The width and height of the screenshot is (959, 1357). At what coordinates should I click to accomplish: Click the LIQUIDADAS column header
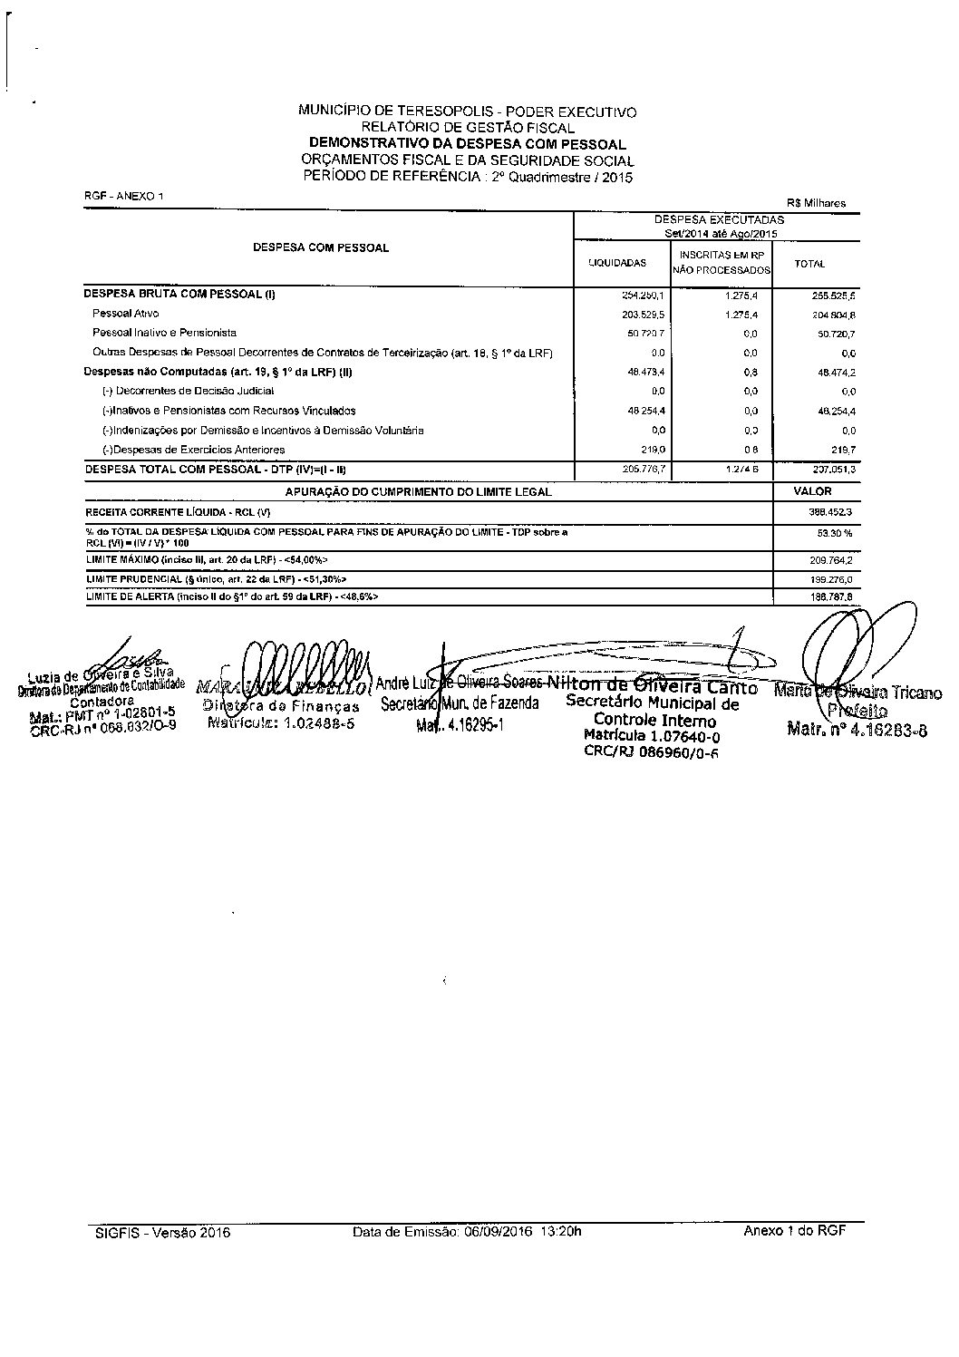[x=617, y=263]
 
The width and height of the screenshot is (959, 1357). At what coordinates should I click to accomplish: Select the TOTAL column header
[x=809, y=264]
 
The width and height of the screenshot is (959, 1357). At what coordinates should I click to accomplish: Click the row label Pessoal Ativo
[x=125, y=314]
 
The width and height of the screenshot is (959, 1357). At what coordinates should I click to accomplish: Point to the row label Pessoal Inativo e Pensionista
[x=164, y=333]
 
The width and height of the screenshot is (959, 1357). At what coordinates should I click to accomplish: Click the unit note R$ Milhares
[x=818, y=203]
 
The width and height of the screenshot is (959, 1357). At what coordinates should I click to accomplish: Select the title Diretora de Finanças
[x=280, y=706]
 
